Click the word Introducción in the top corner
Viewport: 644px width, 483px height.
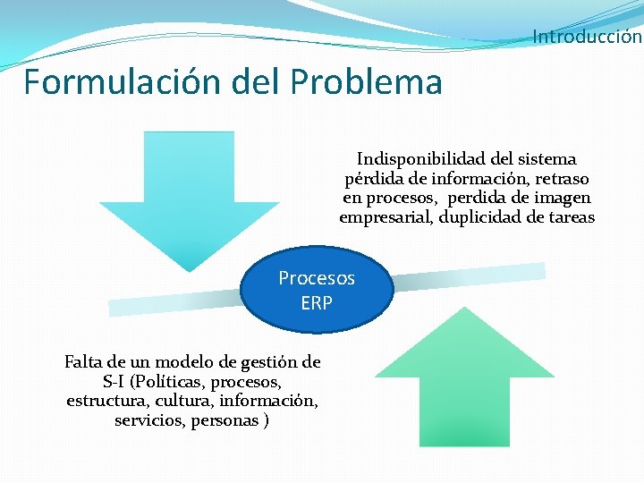587,37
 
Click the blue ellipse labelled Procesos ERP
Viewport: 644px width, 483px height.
317,291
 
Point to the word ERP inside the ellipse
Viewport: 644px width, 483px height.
317,303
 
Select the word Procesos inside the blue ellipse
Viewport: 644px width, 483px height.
317,278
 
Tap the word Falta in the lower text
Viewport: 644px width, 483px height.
85,362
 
